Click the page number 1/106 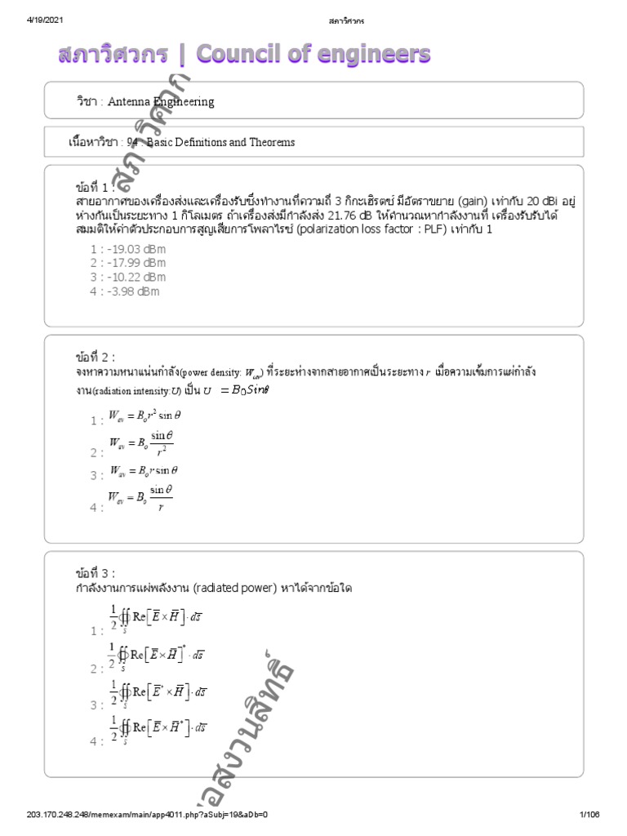589,815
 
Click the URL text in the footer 148,815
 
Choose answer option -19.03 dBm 127,249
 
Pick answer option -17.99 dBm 127,263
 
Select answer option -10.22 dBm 127,277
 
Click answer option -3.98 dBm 125,291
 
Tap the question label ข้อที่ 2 94,358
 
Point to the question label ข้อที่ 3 94,572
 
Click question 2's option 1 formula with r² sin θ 144,416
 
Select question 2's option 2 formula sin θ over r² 141,445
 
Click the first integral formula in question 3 156,619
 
